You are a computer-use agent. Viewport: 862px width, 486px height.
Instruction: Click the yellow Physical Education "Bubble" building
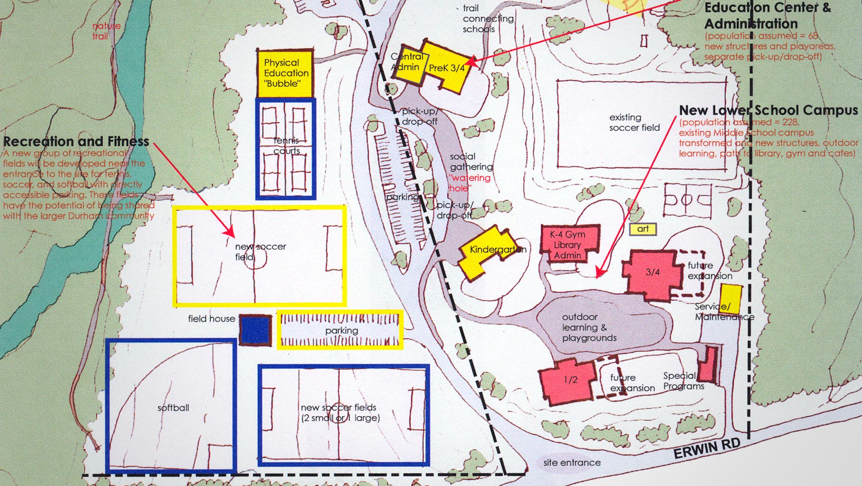click(285, 73)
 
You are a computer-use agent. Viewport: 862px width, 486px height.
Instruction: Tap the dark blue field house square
click(255, 330)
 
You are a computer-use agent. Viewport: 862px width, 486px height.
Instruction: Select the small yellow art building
click(642, 229)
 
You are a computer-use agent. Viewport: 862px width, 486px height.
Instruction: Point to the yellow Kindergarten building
click(488, 252)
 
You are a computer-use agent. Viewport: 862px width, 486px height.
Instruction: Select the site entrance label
click(571, 463)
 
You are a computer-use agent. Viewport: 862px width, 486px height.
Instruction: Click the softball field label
click(173, 408)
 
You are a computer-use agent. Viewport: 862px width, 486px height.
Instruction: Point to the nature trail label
click(106, 31)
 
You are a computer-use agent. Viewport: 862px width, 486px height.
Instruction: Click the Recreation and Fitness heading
click(76, 141)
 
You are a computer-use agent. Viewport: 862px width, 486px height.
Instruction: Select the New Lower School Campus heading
click(768, 110)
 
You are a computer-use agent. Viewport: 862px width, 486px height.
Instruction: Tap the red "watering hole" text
click(470, 182)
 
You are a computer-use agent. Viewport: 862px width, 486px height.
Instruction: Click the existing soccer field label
click(634, 123)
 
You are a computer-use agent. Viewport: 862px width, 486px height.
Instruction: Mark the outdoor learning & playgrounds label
click(589, 327)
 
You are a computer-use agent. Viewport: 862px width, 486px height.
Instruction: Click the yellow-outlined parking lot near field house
click(340, 330)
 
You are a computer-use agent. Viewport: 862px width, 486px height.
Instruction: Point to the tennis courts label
click(287, 146)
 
